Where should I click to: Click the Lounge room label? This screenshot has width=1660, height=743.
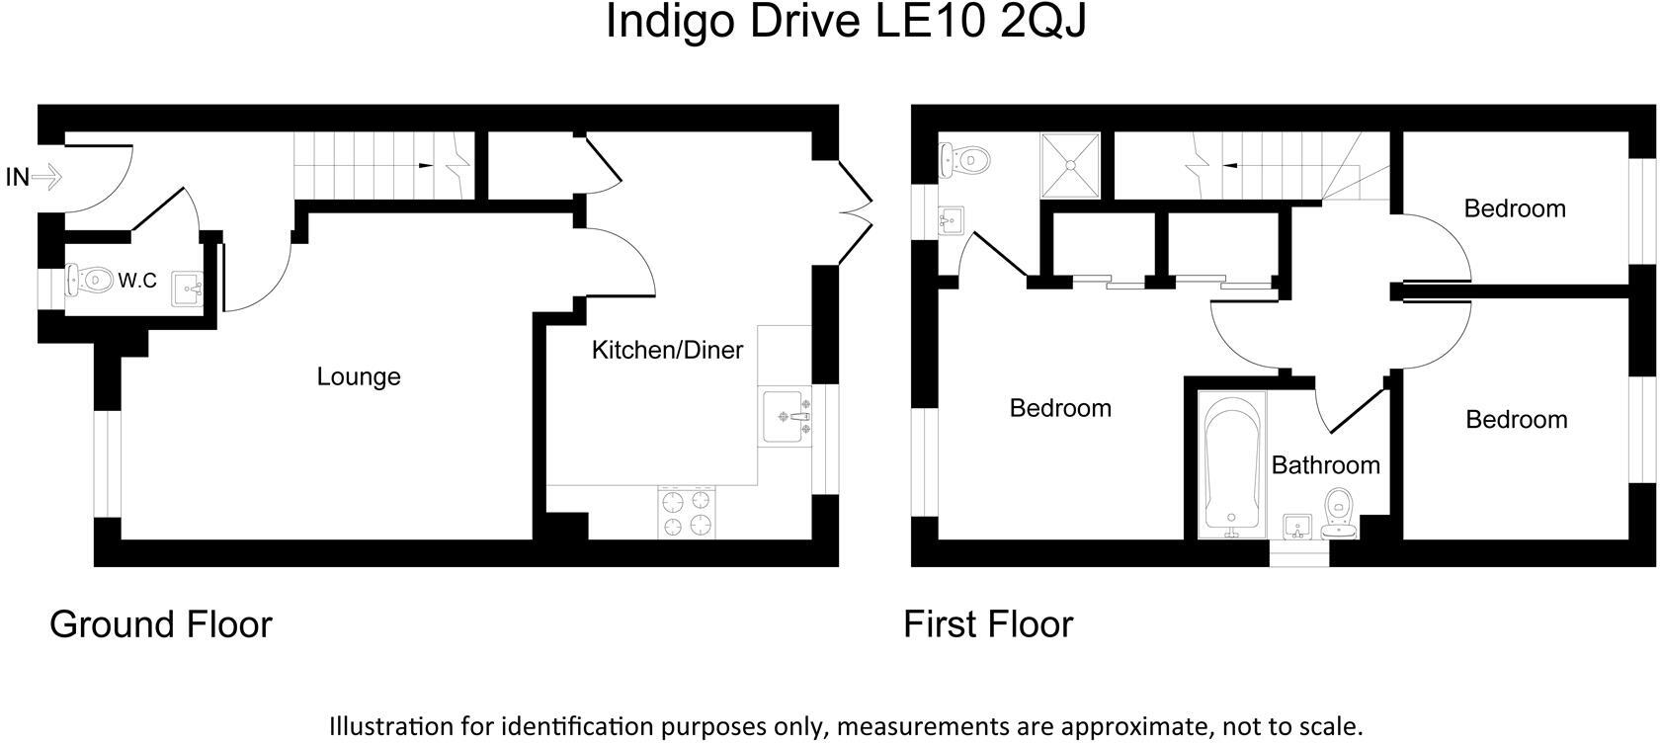click(358, 376)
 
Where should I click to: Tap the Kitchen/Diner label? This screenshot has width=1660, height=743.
click(667, 350)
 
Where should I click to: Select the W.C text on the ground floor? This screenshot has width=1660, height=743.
click(137, 281)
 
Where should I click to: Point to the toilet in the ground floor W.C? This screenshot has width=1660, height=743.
click(87, 280)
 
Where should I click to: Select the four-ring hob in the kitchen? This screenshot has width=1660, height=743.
click(687, 513)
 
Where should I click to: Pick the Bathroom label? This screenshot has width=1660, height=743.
click(1325, 465)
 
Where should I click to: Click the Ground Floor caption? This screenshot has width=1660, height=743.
click(160, 624)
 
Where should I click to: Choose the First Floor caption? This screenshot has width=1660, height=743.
click(987, 624)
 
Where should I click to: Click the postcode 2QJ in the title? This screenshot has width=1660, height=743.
click(1042, 22)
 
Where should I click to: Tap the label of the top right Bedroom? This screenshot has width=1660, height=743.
click(1514, 208)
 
